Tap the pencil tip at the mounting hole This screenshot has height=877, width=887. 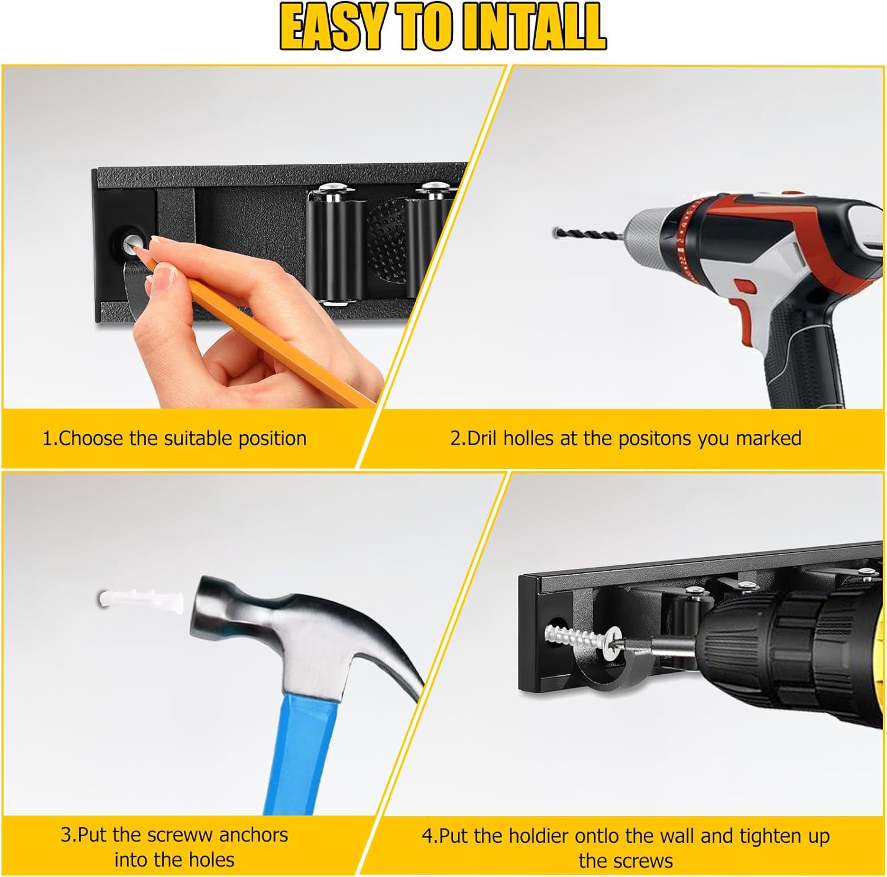coord(135,249)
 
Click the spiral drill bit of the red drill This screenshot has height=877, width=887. coord(585,234)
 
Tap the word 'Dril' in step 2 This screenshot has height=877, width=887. coord(482,438)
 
